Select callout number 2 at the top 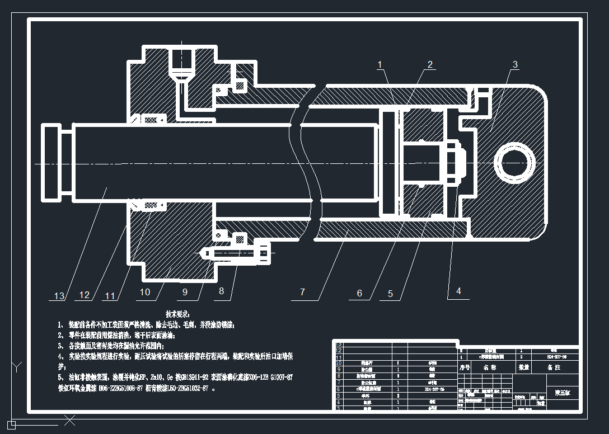(430, 64)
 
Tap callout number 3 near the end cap (515, 65)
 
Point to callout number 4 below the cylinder (458, 291)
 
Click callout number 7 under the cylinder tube (302, 292)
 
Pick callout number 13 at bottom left (59, 296)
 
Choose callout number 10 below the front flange (145, 292)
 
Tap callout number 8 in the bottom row (222, 291)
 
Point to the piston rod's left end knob (51, 163)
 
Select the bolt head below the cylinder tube (263, 253)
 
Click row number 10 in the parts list (338, 363)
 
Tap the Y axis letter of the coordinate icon (17, 367)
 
